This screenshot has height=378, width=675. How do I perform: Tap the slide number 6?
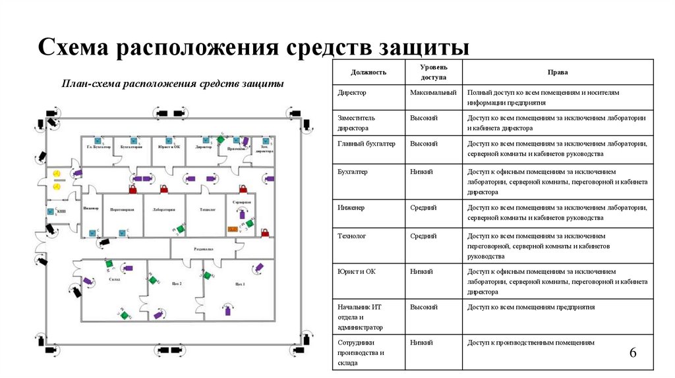[x=633, y=354]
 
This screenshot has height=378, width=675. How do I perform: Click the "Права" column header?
[x=558, y=72]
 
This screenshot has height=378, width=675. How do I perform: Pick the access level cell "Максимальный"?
[x=433, y=94]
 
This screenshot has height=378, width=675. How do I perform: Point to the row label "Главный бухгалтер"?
[x=367, y=143]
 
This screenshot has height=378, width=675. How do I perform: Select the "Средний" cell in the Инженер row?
[x=423, y=207]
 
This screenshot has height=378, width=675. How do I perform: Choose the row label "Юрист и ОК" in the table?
[x=357, y=271]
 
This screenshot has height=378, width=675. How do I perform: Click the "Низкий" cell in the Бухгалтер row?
[x=421, y=171]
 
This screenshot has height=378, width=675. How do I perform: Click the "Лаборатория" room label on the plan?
[x=163, y=209]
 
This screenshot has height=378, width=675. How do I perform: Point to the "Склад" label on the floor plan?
[x=113, y=280]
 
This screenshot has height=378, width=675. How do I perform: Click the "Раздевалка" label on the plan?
[x=202, y=250]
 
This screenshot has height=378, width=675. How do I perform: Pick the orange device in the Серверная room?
[x=232, y=229]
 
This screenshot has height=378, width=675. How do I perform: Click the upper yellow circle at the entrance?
[x=57, y=173]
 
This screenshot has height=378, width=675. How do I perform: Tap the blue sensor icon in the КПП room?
[x=51, y=211]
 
